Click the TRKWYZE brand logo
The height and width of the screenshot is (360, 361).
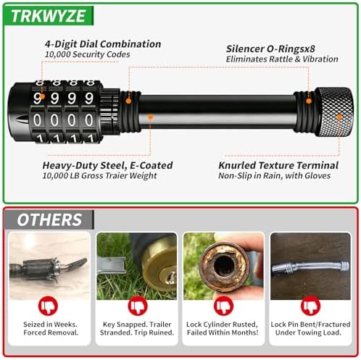[x=49, y=16]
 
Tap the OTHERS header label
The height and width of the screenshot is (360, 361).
[x=49, y=219]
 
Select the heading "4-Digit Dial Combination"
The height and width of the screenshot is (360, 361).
[x=103, y=44]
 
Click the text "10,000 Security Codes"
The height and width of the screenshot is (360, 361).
[x=88, y=54]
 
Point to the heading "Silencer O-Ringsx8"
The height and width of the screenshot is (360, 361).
[x=270, y=49]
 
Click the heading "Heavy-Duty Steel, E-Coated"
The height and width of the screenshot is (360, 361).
[x=107, y=166]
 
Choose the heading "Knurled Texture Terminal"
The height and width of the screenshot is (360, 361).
[x=278, y=166]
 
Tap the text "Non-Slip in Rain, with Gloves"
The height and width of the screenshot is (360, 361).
[x=274, y=176]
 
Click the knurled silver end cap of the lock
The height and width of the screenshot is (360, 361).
[x=335, y=112]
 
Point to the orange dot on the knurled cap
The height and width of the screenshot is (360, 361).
[x=339, y=117]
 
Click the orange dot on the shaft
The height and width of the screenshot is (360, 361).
[x=151, y=117]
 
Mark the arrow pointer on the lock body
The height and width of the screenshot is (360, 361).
[x=22, y=120]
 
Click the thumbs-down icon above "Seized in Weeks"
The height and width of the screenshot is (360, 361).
[x=48, y=306]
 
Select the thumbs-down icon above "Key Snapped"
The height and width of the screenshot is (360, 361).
[x=138, y=306]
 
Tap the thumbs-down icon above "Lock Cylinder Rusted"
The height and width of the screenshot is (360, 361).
[x=223, y=306]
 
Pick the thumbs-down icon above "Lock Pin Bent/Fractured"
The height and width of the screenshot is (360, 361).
[x=310, y=306]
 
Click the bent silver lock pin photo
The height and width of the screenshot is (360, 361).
[x=310, y=267]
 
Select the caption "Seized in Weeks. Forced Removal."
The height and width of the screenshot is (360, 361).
[x=51, y=328]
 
